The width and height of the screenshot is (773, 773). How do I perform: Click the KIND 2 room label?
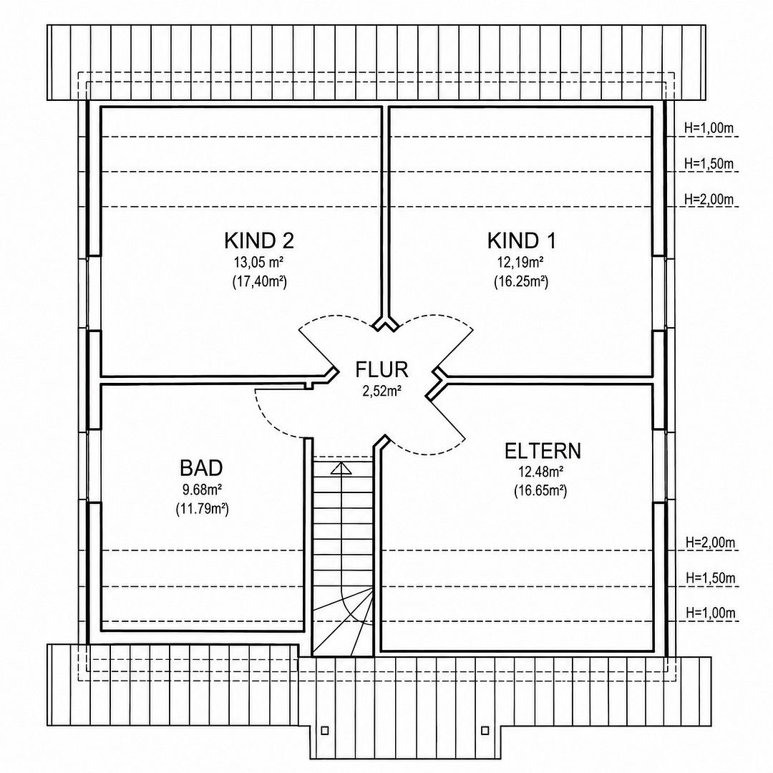point(259,240)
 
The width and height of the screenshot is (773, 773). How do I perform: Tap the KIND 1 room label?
point(522,240)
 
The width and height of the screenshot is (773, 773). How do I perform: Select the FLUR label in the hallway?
point(381,370)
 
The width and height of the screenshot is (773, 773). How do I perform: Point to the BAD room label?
point(201,468)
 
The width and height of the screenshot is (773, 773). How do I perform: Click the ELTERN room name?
point(543,451)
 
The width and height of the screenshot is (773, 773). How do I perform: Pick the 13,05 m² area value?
point(258,261)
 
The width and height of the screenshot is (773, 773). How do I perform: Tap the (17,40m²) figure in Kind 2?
point(259,282)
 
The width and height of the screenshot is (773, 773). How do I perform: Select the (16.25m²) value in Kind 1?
point(521,282)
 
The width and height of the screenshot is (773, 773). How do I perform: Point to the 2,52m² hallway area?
point(381,392)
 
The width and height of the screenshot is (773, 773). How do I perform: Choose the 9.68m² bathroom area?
point(202,490)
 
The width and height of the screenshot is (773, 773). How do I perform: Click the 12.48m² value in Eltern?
point(541,472)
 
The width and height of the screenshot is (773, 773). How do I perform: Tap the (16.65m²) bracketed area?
point(540,492)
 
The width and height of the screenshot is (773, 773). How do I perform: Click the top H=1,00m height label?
point(709,128)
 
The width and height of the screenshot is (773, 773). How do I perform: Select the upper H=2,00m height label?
point(709,199)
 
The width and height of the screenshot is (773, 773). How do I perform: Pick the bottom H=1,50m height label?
point(711,578)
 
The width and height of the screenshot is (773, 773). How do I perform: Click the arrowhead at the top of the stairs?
point(341,468)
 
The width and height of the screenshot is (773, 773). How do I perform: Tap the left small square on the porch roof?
point(324,730)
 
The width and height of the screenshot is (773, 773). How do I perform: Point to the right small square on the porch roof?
point(485,730)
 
